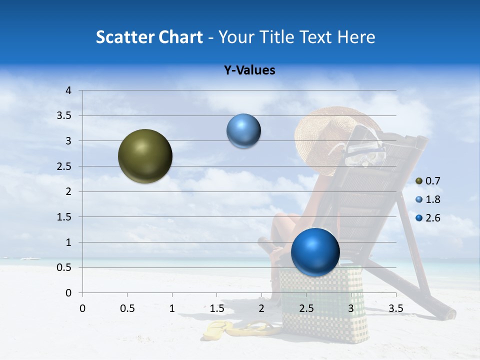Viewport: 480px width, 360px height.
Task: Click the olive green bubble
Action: pos(145,156)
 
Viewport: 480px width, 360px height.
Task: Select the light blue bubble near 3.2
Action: pos(243,131)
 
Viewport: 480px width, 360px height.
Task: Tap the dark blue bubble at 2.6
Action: pos(315,251)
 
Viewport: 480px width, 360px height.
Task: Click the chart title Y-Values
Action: pos(249,70)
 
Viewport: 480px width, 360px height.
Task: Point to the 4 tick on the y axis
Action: pos(69,90)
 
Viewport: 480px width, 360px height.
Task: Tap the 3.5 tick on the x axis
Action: pos(395,308)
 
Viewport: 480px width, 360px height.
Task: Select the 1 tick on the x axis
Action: pos(172,308)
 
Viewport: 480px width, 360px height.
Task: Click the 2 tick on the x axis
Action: pos(261,308)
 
